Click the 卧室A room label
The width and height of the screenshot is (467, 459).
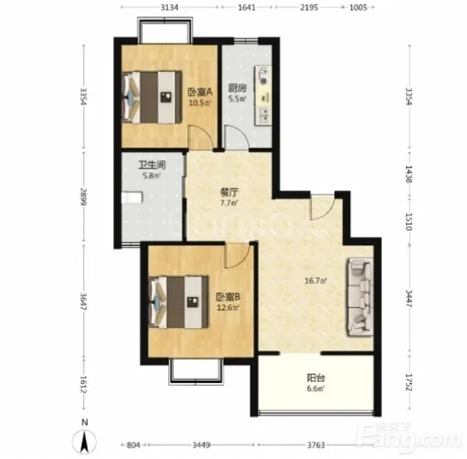click(200, 92)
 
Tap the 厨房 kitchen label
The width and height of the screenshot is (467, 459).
click(238, 88)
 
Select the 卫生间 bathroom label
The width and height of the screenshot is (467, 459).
click(152, 164)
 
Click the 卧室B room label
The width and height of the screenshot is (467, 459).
click(228, 297)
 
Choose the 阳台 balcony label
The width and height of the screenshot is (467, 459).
click(316, 378)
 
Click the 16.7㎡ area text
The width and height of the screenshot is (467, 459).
click(316, 281)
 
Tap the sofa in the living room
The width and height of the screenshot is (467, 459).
click(360, 297)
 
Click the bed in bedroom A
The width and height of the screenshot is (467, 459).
click(152, 97)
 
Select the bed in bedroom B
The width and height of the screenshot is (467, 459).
click(178, 302)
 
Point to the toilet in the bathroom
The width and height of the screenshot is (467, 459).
click(132, 198)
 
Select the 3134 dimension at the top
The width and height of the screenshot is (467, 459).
click(169, 7)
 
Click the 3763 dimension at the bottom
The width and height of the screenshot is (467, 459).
click(316, 445)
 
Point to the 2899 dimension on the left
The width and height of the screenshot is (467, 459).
click(83, 196)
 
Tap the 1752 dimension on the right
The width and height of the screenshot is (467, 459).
click(410, 382)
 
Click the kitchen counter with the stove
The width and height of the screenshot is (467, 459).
click(263, 95)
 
